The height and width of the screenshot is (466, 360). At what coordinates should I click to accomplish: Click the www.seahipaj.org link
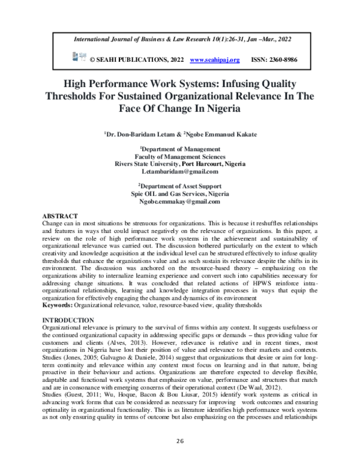(x=214, y=60)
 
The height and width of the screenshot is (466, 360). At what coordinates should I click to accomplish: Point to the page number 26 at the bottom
(x=180, y=441)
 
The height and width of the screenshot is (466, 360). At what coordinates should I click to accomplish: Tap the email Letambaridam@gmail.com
(x=180, y=171)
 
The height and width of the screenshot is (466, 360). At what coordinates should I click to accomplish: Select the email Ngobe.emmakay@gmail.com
(x=180, y=202)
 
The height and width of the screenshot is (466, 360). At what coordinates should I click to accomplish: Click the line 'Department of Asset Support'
(x=180, y=186)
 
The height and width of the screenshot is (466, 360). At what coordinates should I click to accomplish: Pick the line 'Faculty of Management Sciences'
(x=180, y=156)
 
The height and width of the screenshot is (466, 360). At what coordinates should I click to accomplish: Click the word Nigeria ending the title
(x=219, y=110)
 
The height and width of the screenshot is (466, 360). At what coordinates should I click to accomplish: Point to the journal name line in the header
(x=180, y=40)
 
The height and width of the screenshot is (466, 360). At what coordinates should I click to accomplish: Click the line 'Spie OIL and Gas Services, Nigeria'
(x=180, y=194)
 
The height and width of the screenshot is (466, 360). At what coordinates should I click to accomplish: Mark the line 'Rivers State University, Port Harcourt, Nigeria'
(x=180, y=163)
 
